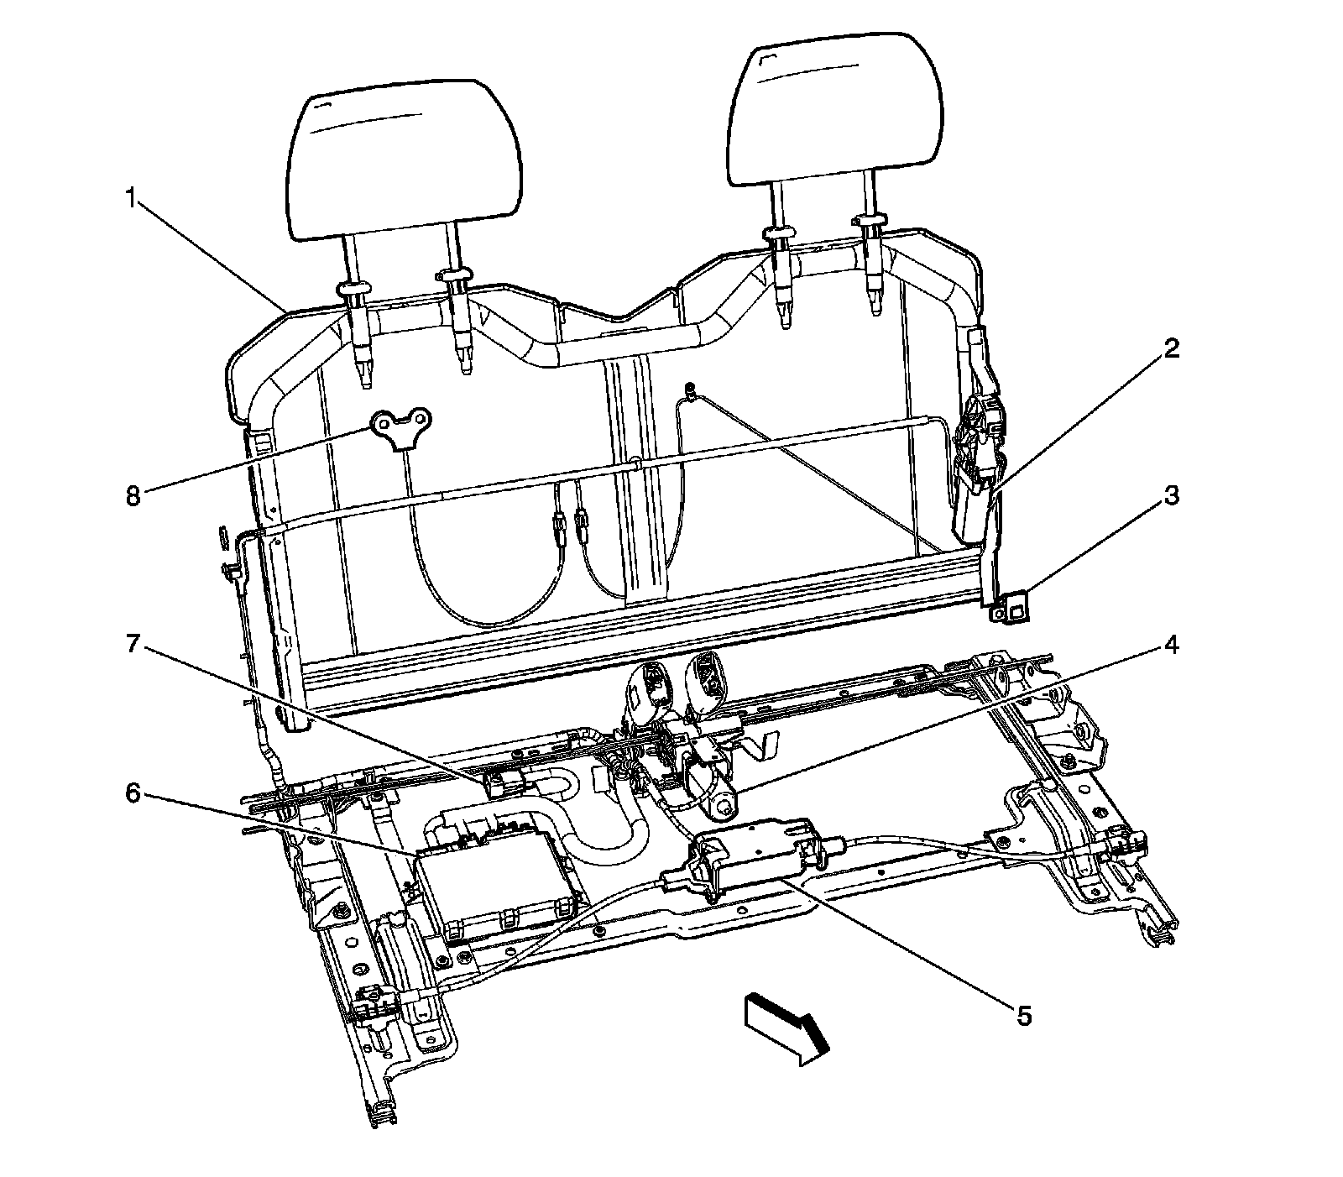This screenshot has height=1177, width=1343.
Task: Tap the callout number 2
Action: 1171,348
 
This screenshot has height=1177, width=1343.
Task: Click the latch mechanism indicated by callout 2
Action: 978,470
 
